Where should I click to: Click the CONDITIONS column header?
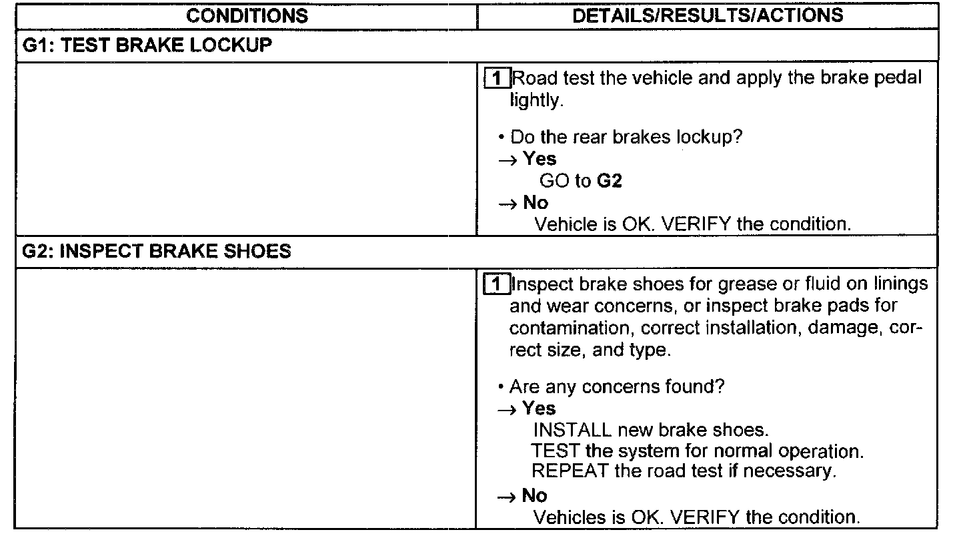(x=247, y=15)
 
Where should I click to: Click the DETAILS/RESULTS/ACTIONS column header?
(x=708, y=15)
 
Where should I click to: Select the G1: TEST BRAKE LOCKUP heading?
(x=147, y=46)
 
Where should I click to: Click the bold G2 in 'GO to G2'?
(x=609, y=181)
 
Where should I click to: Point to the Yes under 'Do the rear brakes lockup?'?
(x=540, y=159)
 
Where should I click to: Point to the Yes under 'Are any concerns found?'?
(x=539, y=408)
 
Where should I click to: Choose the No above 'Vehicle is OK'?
(x=536, y=202)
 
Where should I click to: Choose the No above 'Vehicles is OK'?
(x=535, y=495)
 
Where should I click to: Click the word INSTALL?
(x=572, y=430)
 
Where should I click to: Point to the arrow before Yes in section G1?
(x=508, y=160)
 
